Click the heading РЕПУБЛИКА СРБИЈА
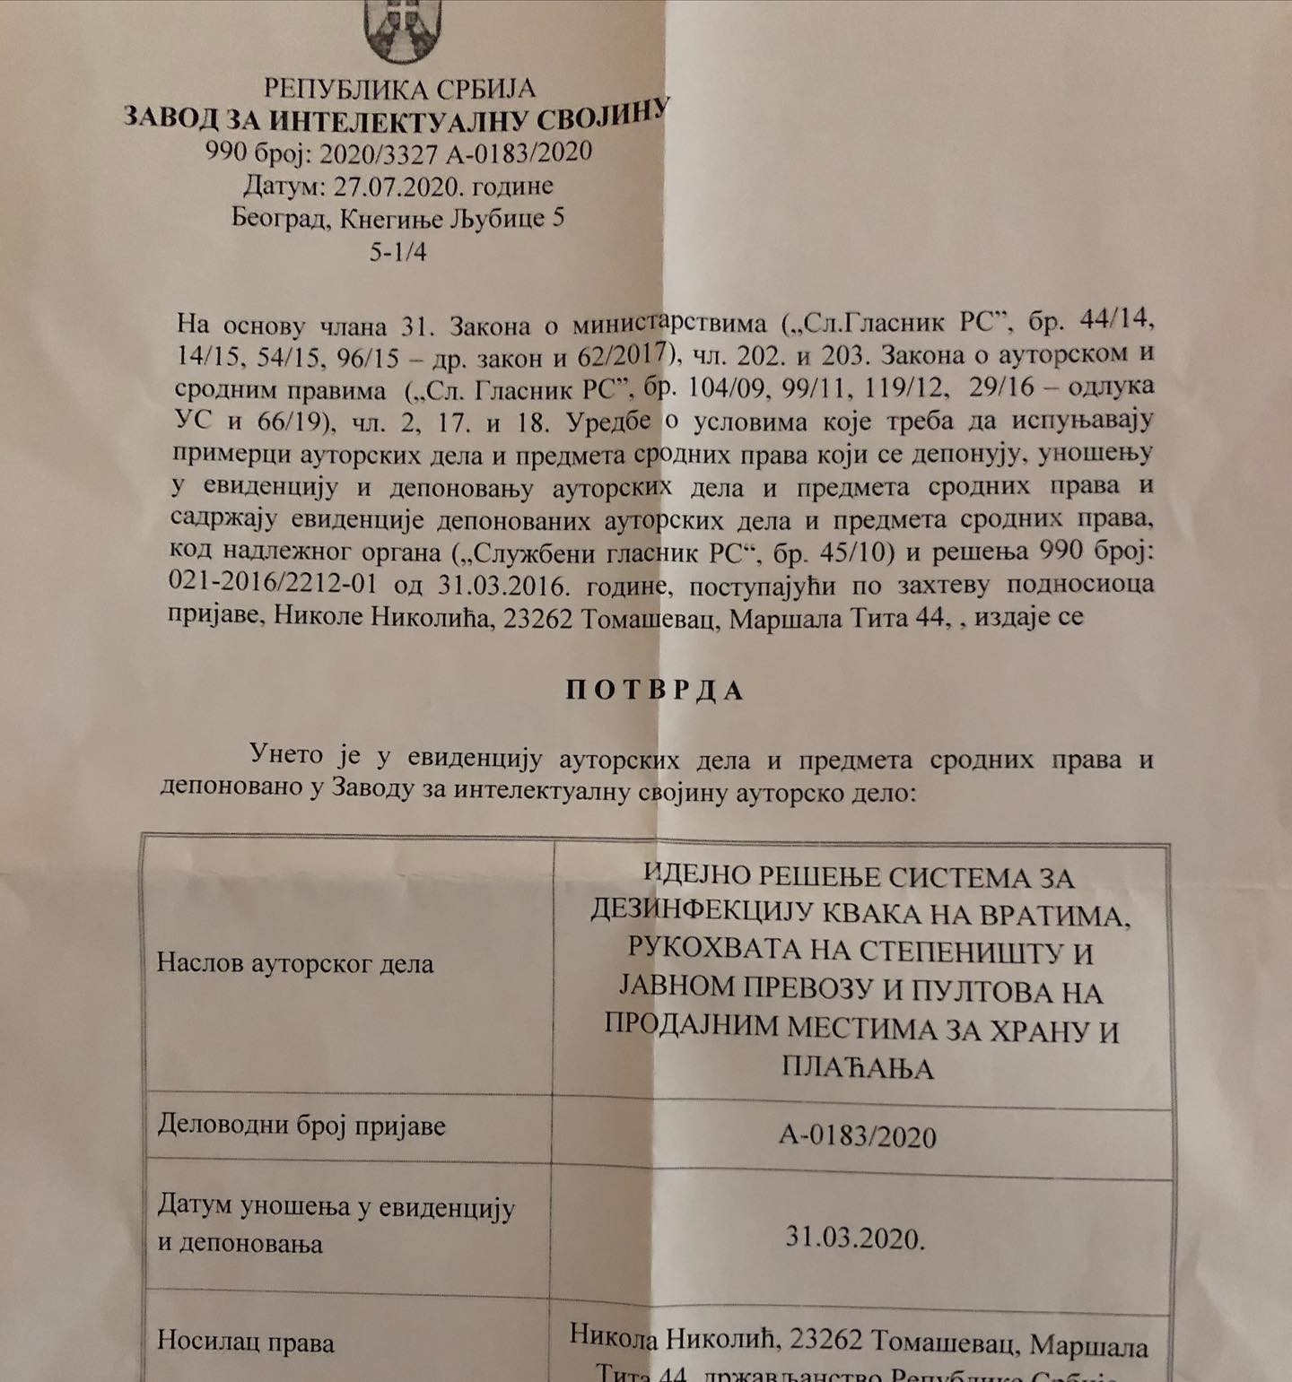click(399, 88)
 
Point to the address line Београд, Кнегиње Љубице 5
click(397, 218)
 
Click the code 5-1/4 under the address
click(397, 251)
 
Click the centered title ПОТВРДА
click(655, 690)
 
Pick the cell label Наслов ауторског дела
click(295, 963)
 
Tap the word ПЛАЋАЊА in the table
click(858, 1067)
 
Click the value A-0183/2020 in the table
click(858, 1136)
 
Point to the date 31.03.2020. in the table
click(855, 1238)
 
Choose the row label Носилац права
click(246, 1342)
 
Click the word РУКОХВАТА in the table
click(701, 948)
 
